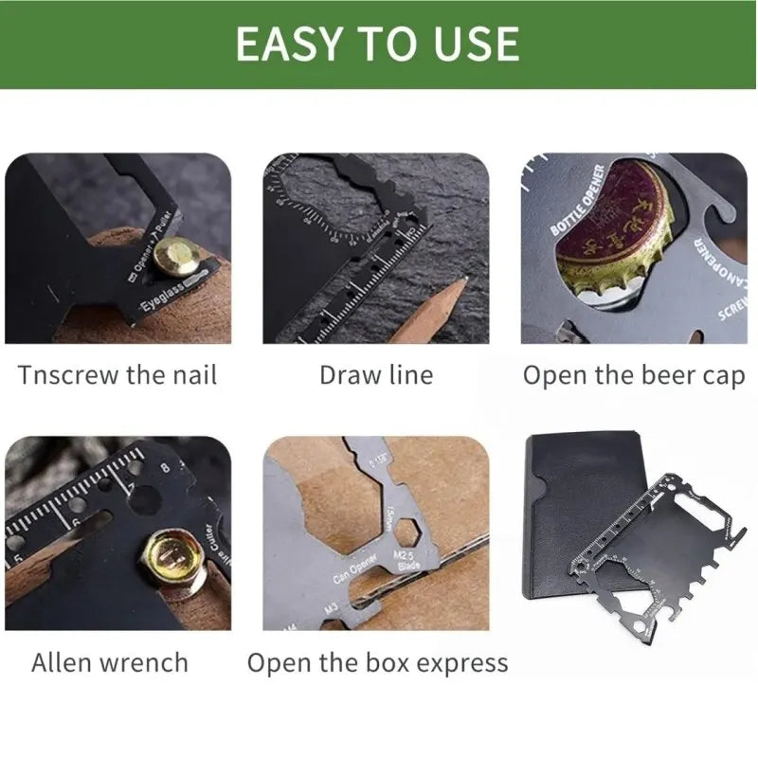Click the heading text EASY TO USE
(x=377, y=44)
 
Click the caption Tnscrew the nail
(x=117, y=374)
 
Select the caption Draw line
(x=376, y=374)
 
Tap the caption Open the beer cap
(x=634, y=374)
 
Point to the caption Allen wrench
(x=110, y=661)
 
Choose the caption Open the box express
(x=377, y=661)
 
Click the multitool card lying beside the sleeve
(x=654, y=559)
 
